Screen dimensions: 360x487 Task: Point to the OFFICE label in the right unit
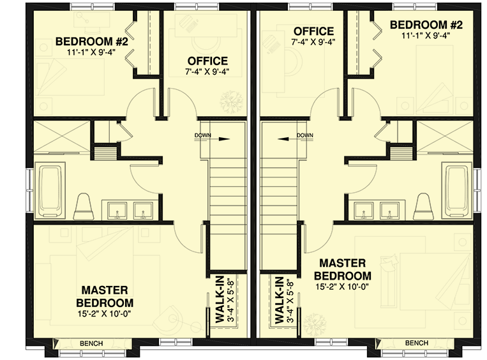[x=313, y=31]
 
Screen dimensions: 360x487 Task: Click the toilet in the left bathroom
[x=83, y=206]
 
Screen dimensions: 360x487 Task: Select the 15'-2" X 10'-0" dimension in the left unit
[x=105, y=313]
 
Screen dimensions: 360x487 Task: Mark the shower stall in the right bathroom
[x=445, y=135]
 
